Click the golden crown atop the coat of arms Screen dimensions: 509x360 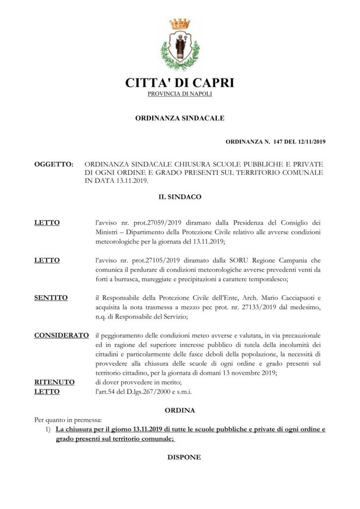pyautogui.click(x=180, y=24)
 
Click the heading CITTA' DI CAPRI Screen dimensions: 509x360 pyautogui.click(x=180, y=83)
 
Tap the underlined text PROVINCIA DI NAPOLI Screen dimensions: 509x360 pyautogui.click(x=180, y=94)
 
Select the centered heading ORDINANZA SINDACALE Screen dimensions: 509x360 pyautogui.click(x=180, y=118)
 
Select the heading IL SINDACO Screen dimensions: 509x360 pyautogui.click(x=180, y=197)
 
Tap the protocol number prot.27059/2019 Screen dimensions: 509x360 pyautogui.click(x=144, y=223)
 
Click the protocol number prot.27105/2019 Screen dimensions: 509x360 pyautogui.click(x=144, y=260)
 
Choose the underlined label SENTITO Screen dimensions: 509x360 pyautogui.click(x=51, y=298)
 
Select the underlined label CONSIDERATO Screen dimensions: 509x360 pyautogui.click(x=62, y=336)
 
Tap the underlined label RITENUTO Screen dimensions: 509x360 pyautogui.click(x=54, y=382)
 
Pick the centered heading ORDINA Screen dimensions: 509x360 pyautogui.click(x=180, y=411)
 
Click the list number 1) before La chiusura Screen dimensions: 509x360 pyautogui.click(x=49, y=429)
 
